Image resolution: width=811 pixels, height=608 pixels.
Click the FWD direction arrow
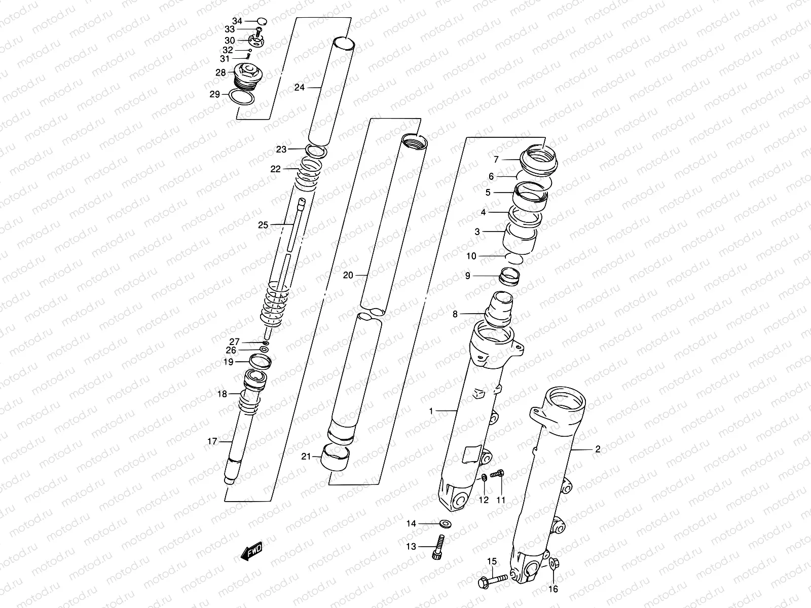tap(251, 551)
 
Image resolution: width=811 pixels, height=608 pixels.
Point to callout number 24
tap(299, 88)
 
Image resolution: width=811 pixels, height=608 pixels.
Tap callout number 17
tap(212, 442)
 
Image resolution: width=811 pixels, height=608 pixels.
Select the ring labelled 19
tap(261, 361)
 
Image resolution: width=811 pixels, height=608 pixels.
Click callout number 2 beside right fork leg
tap(597, 449)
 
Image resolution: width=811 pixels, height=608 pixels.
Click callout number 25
tap(263, 225)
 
